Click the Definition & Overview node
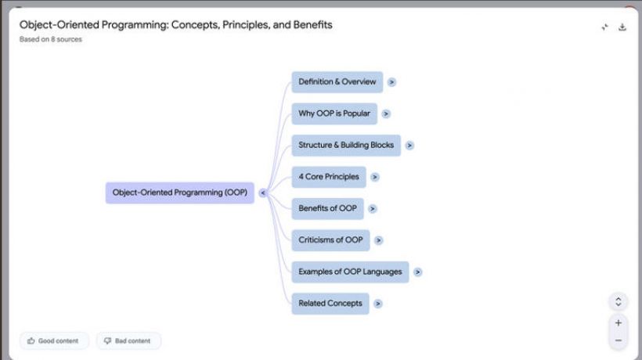click(x=337, y=82)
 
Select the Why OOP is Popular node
click(x=334, y=113)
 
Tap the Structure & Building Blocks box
click(x=346, y=146)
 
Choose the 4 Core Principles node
click(x=329, y=177)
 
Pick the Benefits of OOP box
click(x=327, y=208)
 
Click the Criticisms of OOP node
click(x=330, y=240)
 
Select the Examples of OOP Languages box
click(x=350, y=272)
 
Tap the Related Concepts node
click(x=330, y=303)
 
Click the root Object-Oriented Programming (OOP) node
click(x=180, y=193)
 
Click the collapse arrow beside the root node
click(x=263, y=193)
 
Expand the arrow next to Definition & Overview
click(x=391, y=82)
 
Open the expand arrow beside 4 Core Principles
click(x=375, y=177)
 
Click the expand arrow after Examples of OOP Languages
click(x=417, y=272)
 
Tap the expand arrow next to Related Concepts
click(x=378, y=304)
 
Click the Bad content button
click(x=128, y=340)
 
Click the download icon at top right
click(x=622, y=27)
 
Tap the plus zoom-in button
click(x=619, y=322)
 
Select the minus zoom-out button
click(x=619, y=340)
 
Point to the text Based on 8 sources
click(x=51, y=39)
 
